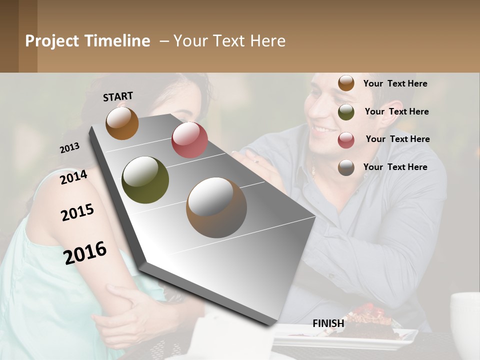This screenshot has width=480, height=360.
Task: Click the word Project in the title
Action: [x=52, y=41]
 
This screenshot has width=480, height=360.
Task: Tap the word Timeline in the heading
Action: [x=116, y=41]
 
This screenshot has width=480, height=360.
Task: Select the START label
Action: [x=118, y=96]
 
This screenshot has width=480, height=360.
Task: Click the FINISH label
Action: [x=328, y=323]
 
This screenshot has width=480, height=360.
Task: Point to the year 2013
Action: [x=69, y=148]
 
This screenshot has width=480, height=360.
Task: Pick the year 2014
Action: [x=73, y=177]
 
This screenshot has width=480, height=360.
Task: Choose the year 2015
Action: [x=77, y=212]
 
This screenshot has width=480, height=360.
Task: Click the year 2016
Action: [x=85, y=253]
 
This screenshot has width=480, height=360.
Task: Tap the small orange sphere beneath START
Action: [x=122, y=123]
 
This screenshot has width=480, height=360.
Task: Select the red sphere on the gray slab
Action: [x=189, y=140]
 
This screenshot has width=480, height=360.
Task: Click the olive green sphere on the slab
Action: [x=145, y=180]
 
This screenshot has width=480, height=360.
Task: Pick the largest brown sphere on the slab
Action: [x=216, y=207]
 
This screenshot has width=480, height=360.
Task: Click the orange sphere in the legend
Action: [x=346, y=83]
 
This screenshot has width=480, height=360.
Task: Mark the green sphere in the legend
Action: [x=346, y=112]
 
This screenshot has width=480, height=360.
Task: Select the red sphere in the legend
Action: [x=346, y=140]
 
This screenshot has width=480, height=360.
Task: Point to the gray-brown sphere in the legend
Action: [x=346, y=167]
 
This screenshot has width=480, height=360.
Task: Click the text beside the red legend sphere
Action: [x=397, y=139]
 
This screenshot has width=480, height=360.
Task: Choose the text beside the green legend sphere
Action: [x=396, y=111]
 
